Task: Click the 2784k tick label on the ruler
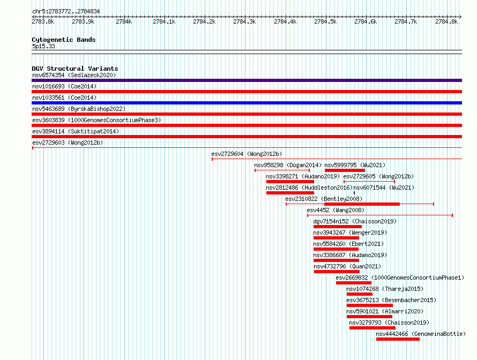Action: [124, 21]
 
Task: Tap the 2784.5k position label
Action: [325, 21]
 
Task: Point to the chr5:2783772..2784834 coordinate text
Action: [66, 11]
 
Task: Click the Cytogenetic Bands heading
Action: [64, 40]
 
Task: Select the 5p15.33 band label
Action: [43, 46]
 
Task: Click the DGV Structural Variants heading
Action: [75, 69]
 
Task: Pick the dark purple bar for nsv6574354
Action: [247, 80]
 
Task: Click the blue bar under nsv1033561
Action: [247, 103]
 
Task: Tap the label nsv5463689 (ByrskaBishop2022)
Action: [79, 109]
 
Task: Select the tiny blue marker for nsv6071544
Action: [354, 193]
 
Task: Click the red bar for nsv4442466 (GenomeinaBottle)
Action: [398, 339]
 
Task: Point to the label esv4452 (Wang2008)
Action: [336, 210]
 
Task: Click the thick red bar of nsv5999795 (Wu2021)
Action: [345, 170]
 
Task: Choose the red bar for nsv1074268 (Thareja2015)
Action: [360, 294]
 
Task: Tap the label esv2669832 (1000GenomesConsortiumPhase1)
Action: [400, 277]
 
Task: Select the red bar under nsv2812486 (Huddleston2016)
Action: [290, 193]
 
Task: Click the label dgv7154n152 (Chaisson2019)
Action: [355, 221]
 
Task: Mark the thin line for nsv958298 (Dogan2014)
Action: [282, 170]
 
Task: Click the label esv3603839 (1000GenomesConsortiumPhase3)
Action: [96, 120]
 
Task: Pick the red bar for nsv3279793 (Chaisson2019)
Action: [372, 328]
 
